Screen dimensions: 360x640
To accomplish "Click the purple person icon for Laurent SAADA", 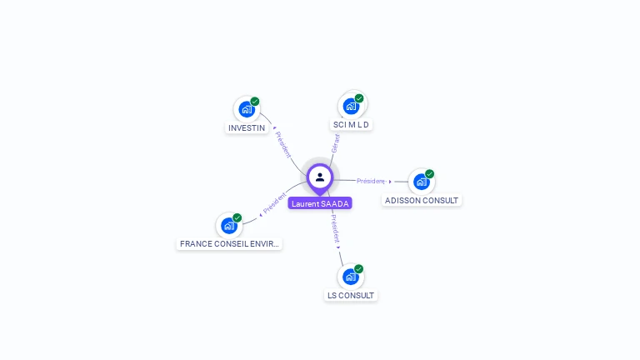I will (x=320, y=177).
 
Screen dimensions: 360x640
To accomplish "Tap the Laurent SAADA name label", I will (x=320, y=203).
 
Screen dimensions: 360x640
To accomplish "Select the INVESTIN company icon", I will (x=246, y=109).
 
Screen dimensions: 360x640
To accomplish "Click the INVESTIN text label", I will (x=247, y=128).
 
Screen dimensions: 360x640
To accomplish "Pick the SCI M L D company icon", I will (x=351, y=106).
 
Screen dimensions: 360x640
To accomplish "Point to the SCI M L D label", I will (x=351, y=125).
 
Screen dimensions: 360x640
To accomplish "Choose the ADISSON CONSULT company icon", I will (x=421, y=182).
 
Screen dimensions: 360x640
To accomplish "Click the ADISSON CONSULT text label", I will (x=422, y=201).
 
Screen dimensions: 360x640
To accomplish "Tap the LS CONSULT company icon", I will (x=351, y=277).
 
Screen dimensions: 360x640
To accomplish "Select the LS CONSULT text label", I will (x=351, y=296).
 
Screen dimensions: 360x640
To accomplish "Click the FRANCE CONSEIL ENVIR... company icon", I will (x=228, y=225).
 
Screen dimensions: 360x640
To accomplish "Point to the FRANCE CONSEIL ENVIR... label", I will (x=229, y=244).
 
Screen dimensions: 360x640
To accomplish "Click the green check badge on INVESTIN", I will (x=255, y=102).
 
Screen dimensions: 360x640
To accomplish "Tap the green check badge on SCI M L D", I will (x=359, y=98).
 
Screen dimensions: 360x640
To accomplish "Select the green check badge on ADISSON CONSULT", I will (x=430, y=174).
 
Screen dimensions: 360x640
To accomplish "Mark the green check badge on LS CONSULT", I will (x=359, y=269).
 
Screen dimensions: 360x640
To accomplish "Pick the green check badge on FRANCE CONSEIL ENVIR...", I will (x=237, y=217).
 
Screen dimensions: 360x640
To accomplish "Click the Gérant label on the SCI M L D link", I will (x=335, y=143).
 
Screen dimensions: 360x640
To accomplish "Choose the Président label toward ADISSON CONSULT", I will (x=371, y=181).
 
